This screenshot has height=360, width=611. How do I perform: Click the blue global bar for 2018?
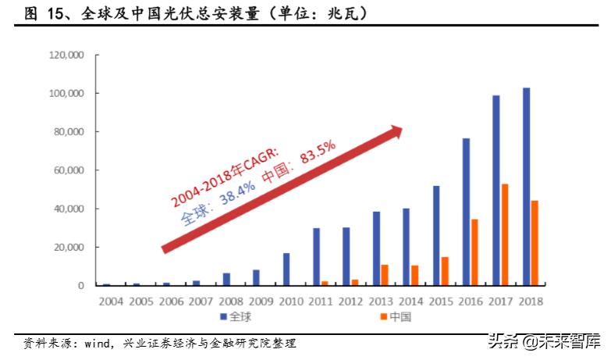(526, 187)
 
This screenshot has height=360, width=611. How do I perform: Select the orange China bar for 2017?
(505, 234)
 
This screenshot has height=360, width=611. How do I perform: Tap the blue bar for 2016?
(466, 212)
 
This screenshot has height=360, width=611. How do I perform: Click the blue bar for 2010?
(286, 269)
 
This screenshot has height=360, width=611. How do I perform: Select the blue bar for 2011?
(316, 257)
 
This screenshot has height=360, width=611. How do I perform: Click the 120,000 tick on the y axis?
(66, 55)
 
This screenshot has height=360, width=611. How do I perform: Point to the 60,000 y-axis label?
(68, 170)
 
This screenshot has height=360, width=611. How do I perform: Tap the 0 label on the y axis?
(80, 286)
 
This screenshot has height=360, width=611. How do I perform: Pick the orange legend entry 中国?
(398, 317)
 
